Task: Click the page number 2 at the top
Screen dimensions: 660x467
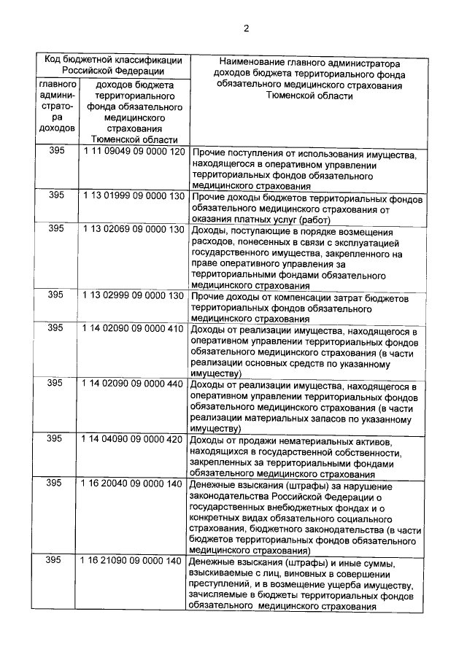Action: pos(246,28)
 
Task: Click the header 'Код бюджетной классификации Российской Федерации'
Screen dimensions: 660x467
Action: pos(112,66)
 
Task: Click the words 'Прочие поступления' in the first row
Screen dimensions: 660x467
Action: pos(233,154)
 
